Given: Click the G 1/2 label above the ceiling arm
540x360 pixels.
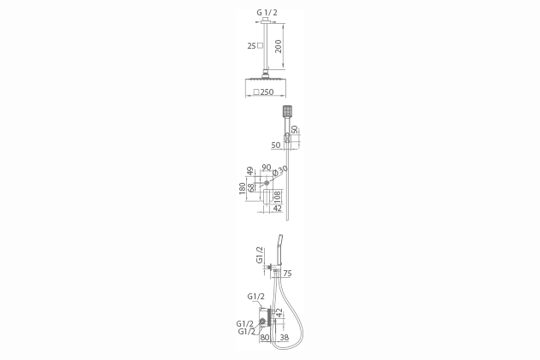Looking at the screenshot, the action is [x=267, y=13].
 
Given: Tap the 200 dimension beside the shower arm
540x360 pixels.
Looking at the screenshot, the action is [x=278, y=46].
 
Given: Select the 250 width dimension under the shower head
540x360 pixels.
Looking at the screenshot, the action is [x=267, y=92].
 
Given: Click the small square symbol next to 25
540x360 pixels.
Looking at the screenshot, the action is [x=260, y=45].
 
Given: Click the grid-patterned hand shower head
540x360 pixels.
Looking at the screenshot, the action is [x=287, y=110].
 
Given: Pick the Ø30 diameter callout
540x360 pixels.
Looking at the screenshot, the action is [x=280, y=170].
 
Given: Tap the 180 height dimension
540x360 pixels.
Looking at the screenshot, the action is [x=242, y=188].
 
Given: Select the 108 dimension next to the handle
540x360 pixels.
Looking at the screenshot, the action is [x=277, y=197].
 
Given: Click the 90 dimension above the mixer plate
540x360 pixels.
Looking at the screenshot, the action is [x=267, y=168].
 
